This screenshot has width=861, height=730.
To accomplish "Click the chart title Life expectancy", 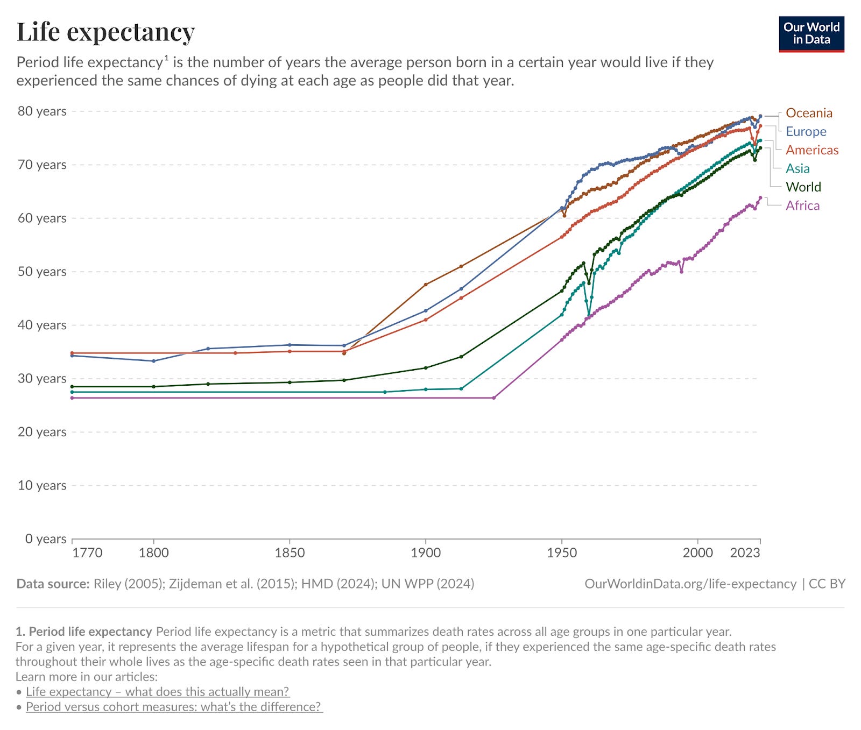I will [x=105, y=32].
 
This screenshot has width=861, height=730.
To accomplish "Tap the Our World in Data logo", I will [x=811, y=34].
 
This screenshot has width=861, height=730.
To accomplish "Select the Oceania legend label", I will [x=809, y=113].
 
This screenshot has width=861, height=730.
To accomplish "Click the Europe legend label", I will [x=806, y=131].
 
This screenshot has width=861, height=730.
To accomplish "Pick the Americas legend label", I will [x=812, y=150].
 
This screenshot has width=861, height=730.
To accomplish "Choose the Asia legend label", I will [x=798, y=168].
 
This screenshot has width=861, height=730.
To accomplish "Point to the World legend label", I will [x=803, y=187].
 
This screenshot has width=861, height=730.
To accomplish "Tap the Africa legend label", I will [x=802, y=205].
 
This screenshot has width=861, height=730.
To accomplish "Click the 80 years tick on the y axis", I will [x=42, y=111].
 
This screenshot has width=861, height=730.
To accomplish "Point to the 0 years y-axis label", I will [x=46, y=538].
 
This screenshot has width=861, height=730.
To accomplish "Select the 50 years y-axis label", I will [x=42, y=272].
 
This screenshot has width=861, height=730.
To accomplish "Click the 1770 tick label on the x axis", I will [x=87, y=553].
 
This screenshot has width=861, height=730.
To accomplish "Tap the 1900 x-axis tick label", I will [x=426, y=553].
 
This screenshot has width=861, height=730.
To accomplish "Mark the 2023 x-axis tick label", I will [x=745, y=553].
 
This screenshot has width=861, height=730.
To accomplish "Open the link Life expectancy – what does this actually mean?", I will [x=158, y=691].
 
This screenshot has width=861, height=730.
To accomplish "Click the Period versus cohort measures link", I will [x=174, y=706].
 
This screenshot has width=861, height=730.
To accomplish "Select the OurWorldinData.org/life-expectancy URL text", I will [x=690, y=584].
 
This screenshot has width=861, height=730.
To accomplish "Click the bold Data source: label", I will [x=53, y=584].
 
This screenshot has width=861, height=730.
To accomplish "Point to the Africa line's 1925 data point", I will [x=494, y=398].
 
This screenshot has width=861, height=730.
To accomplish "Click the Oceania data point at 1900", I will [x=426, y=285].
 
